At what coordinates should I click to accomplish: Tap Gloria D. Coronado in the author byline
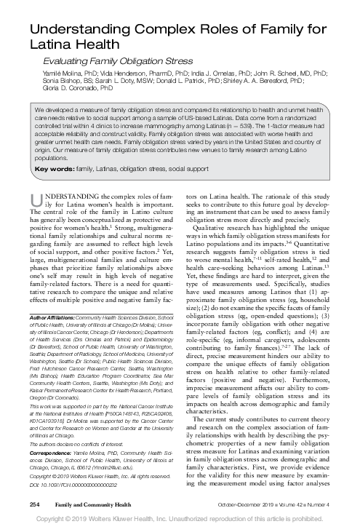click(57, 86)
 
